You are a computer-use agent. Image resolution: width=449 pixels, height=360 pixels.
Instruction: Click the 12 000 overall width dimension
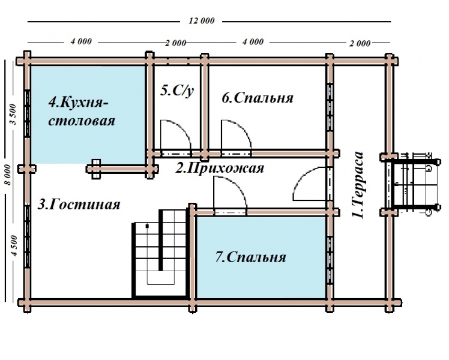coord(201,21)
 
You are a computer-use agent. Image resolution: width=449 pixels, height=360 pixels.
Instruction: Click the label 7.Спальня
coord(250,257)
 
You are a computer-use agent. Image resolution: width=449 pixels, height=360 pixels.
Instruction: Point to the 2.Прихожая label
coord(219,168)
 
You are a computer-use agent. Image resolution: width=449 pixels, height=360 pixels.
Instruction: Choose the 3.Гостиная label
coord(79,204)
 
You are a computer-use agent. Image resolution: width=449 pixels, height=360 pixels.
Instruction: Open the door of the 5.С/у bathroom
coord(175,136)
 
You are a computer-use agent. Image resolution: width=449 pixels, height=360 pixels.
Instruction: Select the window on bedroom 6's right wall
coord(330,102)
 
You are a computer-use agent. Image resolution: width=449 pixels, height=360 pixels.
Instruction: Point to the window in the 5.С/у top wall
coord(177,61)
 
